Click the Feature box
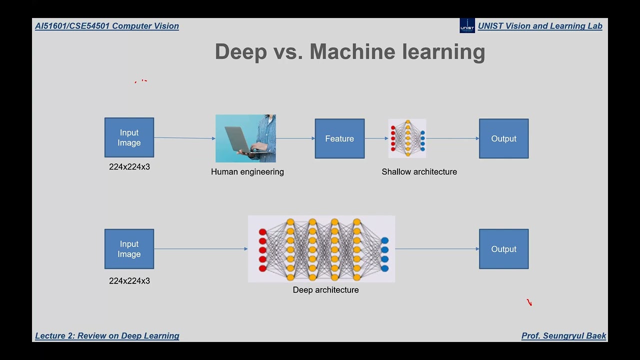[x=339, y=138]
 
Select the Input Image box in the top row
[x=129, y=137]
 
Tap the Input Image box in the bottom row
[x=129, y=249]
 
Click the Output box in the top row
[x=503, y=138]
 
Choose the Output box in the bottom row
[x=503, y=249]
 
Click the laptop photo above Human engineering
[x=245, y=138]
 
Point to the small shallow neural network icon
[x=407, y=138]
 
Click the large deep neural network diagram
[x=321, y=249]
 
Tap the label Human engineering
[x=247, y=172]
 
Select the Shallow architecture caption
[x=419, y=172]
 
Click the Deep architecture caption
[x=325, y=290]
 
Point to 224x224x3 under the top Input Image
[x=129, y=167]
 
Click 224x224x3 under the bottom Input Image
[x=129, y=281]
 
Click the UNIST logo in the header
[x=467, y=25]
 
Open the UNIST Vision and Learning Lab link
[x=540, y=26]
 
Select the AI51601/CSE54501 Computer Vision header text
[x=107, y=26]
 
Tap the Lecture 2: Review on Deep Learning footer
[x=107, y=336]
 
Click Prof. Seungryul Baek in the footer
[x=563, y=336]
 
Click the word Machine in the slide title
[x=352, y=52]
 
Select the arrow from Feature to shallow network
[x=376, y=138]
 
